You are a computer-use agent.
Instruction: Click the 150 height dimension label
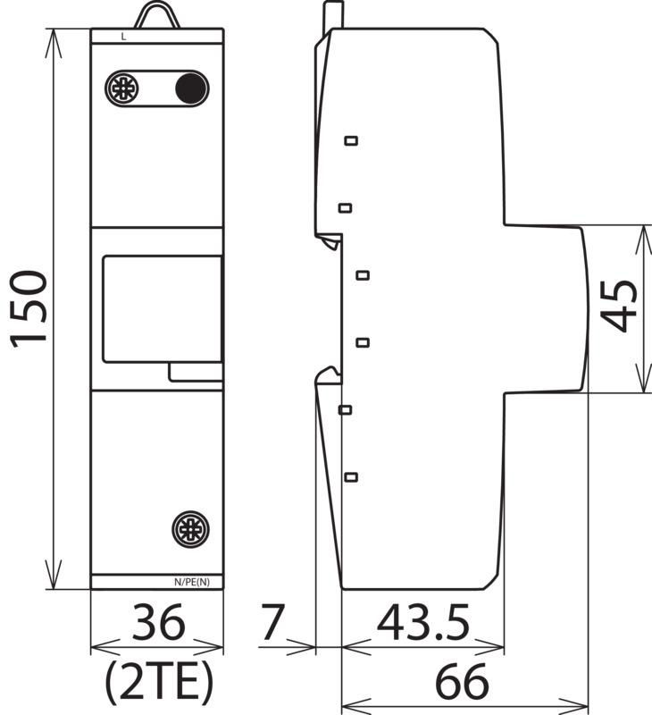click(x=29, y=309)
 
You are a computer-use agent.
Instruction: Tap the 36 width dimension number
click(x=158, y=621)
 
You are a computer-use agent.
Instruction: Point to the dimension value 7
click(x=272, y=621)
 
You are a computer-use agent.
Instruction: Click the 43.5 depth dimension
click(x=423, y=621)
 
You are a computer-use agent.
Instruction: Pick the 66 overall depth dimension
click(x=462, y=682)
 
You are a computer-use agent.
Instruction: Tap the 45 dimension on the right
click(x=619, y=306)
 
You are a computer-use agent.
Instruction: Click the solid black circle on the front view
click(x=191, y=88)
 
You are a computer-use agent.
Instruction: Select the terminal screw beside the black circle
click(x=122, y=88)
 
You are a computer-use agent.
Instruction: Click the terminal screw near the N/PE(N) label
click(x=190, y=529)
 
